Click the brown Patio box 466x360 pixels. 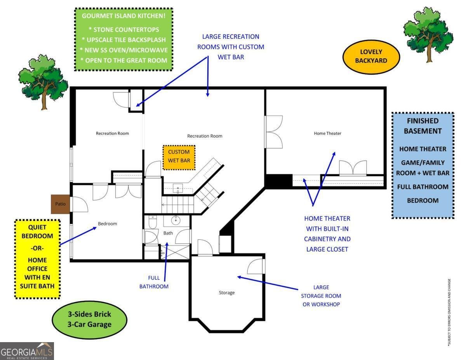tap(60, 204)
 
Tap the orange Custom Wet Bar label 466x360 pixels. tap(179, 157)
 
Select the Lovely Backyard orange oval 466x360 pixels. tap(371, 56)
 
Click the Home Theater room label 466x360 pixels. tap(327, 134)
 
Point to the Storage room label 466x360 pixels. tap(226, 292)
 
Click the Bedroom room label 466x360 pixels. tap(107, 224)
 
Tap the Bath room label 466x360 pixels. tap(168, 233)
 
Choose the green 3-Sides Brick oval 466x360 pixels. tap(89, 319)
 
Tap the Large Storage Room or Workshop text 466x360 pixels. tap(321, 296)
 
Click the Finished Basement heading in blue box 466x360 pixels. tap(423, 126)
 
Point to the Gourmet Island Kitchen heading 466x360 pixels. tap(123, 16)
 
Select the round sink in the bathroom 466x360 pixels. tap(177, 221)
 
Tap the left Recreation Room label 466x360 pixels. tap(112, 134)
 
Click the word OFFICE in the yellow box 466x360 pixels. tap(37, 268)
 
